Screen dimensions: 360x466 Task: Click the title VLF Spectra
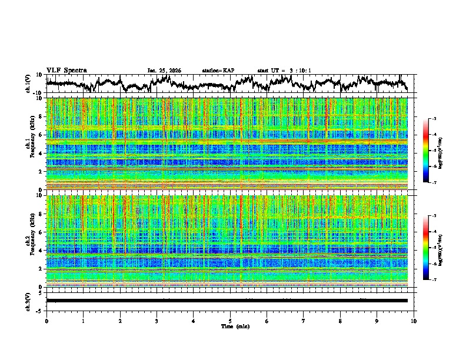[66, 70]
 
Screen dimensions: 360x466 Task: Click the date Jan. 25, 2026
[164, 71]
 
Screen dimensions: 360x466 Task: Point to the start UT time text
[284, 71]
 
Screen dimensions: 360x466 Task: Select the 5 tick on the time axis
[230, 321]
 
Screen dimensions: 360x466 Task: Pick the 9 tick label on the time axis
[377, 321]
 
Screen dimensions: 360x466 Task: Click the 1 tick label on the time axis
[83, 321]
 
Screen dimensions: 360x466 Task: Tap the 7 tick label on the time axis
[304, 321]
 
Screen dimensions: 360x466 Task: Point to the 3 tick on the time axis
[157, 321]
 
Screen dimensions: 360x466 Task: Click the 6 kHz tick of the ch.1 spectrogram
[41, 135]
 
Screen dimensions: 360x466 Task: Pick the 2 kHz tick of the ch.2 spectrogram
[41, 269]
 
